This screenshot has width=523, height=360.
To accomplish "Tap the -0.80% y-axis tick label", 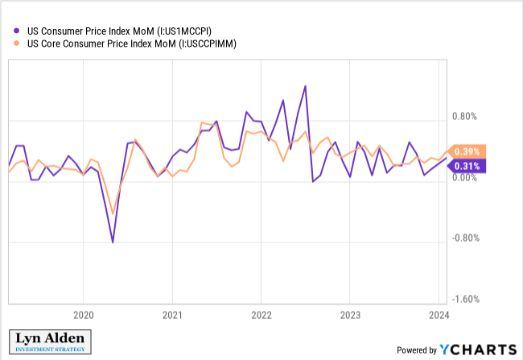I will [x=465, y=238].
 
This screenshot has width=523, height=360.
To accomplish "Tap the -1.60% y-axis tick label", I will [x=465, y=299].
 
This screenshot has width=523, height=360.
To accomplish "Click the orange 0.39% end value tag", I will [x=467, y=151].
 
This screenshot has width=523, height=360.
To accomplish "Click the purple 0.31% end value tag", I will [x=467, y=166].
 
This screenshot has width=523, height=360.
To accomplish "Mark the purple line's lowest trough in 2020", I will [x=113, y=242].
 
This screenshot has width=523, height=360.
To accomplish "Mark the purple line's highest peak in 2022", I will [x=305, y=86].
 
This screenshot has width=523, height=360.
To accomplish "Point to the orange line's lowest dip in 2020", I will [x=113, y=214].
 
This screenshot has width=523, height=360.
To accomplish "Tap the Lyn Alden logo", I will [x=50, y=342].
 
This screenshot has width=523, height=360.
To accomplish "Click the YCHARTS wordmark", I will [x=476, y=349].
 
